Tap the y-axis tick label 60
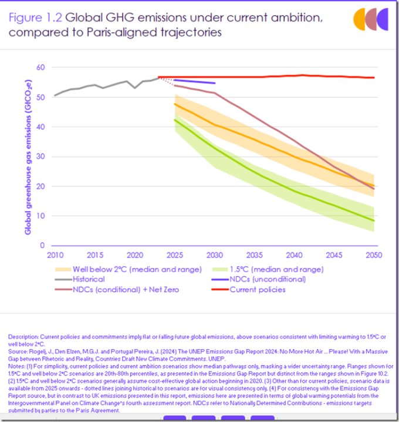pyautogui.click(x=40, y=67)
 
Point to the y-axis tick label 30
pyautogui.click(x=40, y=156)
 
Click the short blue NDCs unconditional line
pyautogui.click(x=194, y=81)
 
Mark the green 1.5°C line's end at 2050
pyautogui.click(x=374, y=220)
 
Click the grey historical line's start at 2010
pyautogui.click(x=55, y=96)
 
